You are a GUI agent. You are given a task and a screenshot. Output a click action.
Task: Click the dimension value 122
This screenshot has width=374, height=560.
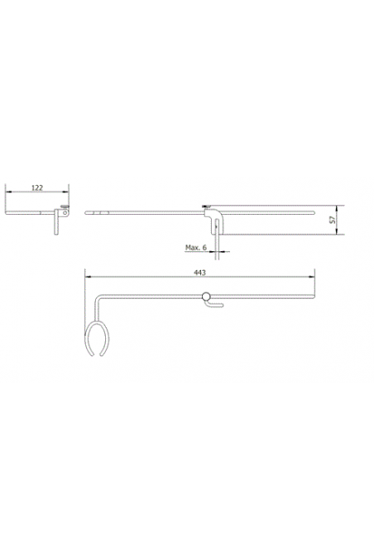pos(36,187)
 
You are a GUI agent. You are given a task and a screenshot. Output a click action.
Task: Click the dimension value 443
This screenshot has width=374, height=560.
pos(199,271)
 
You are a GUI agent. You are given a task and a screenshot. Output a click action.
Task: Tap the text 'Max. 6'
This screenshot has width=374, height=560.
pos(196,247)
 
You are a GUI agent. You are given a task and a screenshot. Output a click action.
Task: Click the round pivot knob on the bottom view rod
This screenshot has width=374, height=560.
pos(205,297)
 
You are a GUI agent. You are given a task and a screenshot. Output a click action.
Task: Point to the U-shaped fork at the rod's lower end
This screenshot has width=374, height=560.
pos(97,340)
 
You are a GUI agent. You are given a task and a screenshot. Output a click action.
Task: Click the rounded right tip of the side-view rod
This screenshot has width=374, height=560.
pos(314,212)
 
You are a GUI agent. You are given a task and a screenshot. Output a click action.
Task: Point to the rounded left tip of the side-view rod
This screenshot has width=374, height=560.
pos(86,212)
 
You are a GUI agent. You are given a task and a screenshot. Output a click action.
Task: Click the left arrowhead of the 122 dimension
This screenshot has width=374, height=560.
pos(8,192)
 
